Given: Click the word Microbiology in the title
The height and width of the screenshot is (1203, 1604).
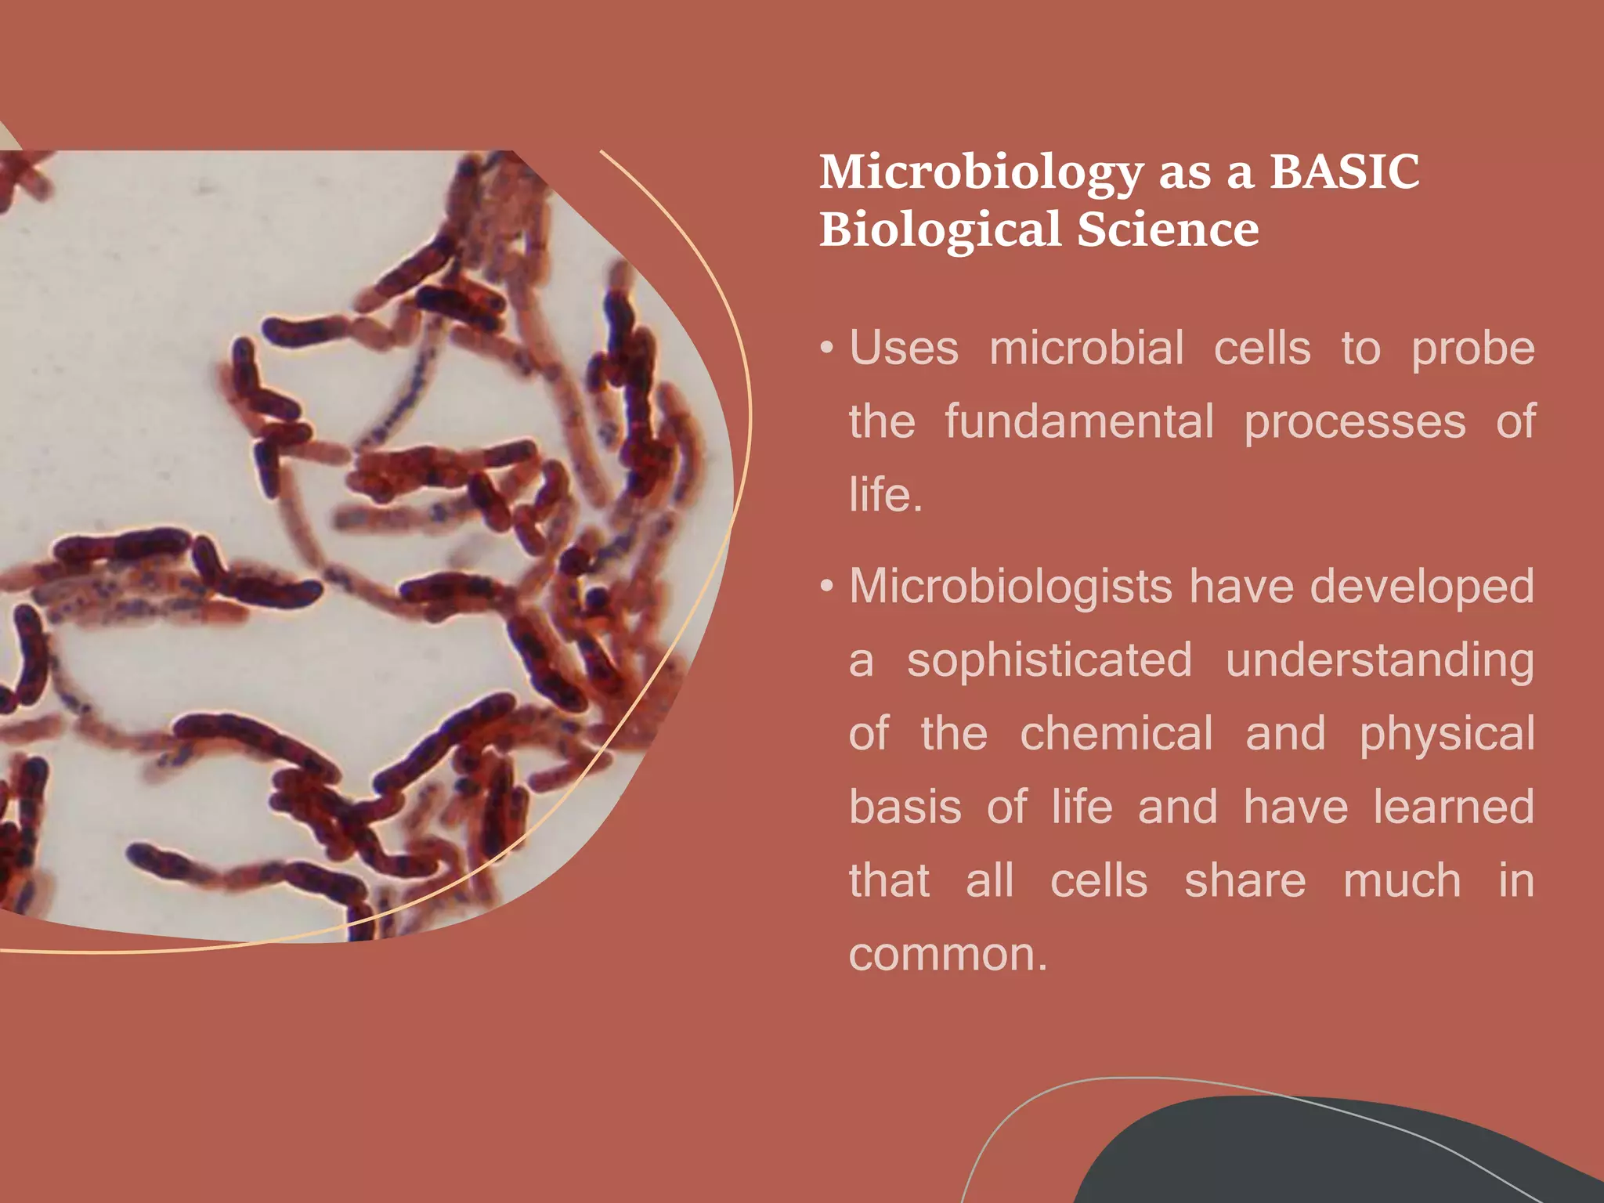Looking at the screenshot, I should pyautogui.click(x=981, y=173).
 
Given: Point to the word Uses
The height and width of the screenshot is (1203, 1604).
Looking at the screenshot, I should pyautogui.click(x=904, y=349).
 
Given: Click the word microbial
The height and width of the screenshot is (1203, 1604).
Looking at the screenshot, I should pyautogui.click(x=1086, y=349).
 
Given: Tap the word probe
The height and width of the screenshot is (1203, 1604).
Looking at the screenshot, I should pyautogui.click(x=1472, y=350).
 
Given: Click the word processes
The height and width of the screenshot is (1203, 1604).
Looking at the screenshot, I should pyautogui.click(x=1355, y=423).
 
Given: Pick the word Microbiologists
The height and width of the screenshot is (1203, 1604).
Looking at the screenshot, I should pyautogui.click(x=1011, y=587).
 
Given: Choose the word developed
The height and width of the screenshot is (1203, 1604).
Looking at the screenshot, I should pyautogui.click(x=1422, y=587).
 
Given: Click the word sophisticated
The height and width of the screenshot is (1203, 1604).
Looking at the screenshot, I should pyautogui.click(x=1049, y=660).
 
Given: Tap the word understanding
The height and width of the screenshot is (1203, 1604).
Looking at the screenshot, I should pyautogui.click(x=1380, y=662).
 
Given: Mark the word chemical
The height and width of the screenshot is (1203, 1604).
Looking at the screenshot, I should pyautogui.click(x=1117, y=734).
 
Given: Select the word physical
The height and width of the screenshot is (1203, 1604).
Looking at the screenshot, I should pyautogui.click(x=1447, y=735).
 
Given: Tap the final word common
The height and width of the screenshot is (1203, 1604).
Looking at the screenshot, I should pyautogui.click(x=948, y=955).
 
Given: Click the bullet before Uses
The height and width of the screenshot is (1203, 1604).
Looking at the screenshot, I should pyautogui.click(x=826, y=349).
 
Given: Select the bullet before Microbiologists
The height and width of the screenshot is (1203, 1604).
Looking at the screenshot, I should pyautogui.click(x=826, y=587).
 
